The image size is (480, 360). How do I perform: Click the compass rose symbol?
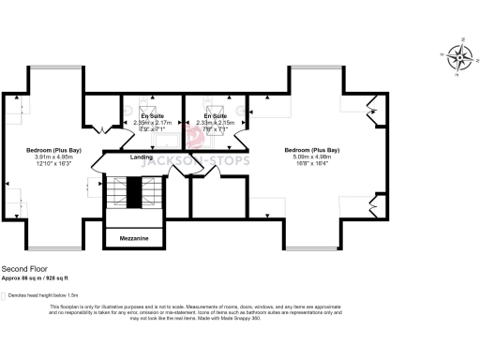pos(459,58)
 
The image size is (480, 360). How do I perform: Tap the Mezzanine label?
pos(134,239)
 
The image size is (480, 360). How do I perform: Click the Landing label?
pos(142,157)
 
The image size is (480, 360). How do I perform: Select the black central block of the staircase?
pos(133,193)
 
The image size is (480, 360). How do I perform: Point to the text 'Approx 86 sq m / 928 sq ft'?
pos(40,277)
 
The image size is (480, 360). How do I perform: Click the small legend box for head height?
pos(5,294)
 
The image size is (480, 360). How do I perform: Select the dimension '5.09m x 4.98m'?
pos(312,157)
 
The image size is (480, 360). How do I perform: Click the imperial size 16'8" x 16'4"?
pos(312,163)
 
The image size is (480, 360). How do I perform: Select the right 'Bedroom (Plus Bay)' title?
pos(312,150)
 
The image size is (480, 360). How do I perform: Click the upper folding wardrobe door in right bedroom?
pos(374,112)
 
